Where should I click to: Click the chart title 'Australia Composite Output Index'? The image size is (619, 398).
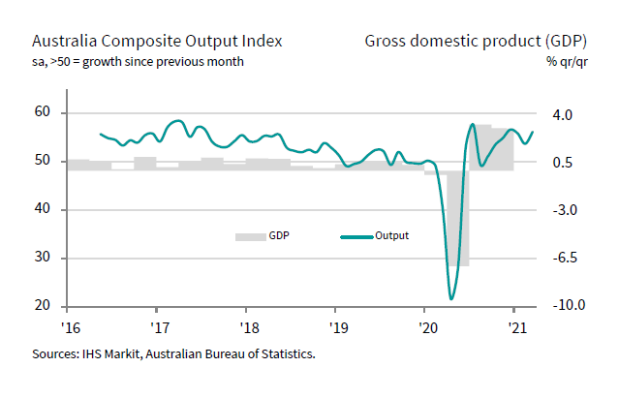(x=158, y=42)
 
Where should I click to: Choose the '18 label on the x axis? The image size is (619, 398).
(x=247, y=327)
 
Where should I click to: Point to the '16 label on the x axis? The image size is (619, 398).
(x=70, y=327)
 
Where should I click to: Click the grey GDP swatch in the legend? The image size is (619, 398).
(x=250, y=235)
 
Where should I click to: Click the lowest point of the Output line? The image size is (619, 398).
(x=451, y=298)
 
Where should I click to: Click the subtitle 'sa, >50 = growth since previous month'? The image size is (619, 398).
(x=138, y=62)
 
